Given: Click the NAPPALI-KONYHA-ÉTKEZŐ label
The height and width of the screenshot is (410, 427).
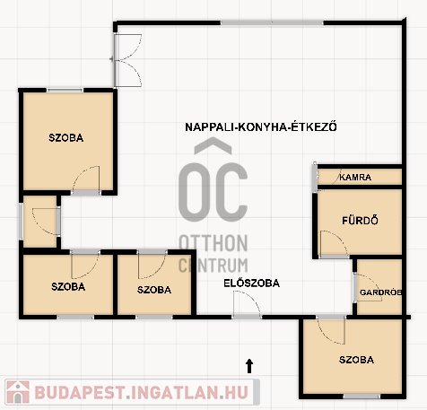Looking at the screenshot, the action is pos(261,126).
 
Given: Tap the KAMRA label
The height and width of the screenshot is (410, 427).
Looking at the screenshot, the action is pos(355,177).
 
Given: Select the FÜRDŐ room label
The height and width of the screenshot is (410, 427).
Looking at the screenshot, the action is pos(360,221).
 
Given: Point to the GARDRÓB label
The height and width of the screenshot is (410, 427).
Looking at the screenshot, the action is pos(380,292).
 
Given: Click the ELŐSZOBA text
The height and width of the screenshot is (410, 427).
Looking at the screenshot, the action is pos(251,284).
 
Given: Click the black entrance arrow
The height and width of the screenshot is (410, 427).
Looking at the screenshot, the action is pos(249,366).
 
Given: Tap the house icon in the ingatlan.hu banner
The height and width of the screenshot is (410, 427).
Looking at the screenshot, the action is pos(18,392).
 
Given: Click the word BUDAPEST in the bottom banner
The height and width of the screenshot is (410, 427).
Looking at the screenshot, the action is pos(79,392).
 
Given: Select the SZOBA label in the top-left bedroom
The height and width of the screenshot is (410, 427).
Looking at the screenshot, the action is pos(65,138).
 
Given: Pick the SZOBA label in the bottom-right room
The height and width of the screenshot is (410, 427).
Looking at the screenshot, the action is pos(356,360).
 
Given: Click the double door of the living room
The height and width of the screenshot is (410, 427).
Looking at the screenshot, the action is pos(127,60).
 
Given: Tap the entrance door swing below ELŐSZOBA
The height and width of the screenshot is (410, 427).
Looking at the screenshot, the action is pos(247,303).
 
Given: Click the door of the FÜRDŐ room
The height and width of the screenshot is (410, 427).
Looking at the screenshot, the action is pos(334,243).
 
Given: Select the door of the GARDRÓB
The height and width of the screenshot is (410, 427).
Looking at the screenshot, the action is pos(368,287).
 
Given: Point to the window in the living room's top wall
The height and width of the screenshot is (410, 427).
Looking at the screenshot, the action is pos(272,22).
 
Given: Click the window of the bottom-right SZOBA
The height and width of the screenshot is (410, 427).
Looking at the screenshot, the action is pos(362,397).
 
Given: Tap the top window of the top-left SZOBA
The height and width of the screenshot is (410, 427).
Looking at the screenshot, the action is pos(65,90).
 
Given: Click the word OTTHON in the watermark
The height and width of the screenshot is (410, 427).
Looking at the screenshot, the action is pos(213,243).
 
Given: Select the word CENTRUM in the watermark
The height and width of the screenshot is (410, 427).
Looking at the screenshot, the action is pos(213,265).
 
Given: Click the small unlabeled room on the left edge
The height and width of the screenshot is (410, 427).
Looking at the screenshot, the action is pos(39,222).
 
